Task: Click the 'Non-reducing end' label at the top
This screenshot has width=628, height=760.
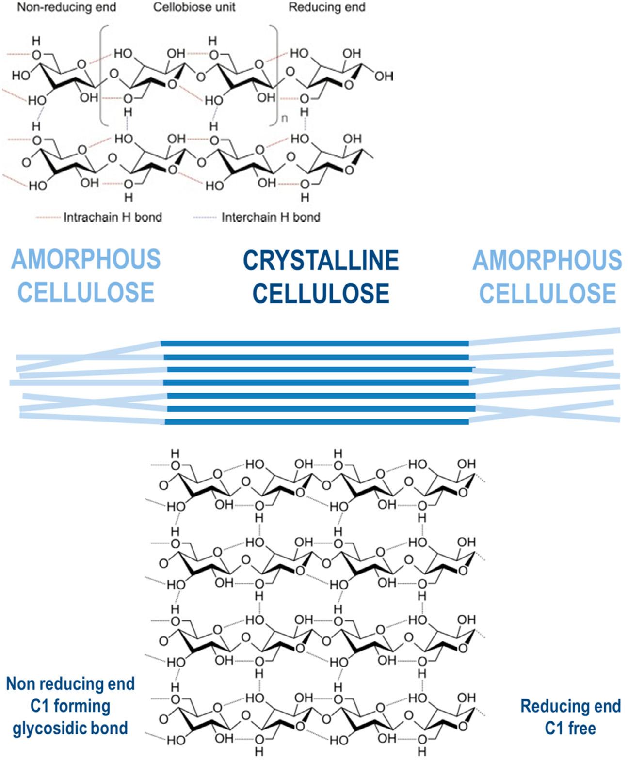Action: tap(66, 8)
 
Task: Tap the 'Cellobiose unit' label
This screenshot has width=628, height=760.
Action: tap(194, 8)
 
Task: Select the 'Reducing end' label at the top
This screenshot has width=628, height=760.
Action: tap(327, 8)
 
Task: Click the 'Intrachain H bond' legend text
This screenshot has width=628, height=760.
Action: tap(113, 217)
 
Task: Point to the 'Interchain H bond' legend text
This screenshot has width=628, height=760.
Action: tap(271, 217)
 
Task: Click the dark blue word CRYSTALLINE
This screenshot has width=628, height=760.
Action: tap(321, 261)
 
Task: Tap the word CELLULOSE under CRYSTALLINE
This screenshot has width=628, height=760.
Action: tap(321, 294)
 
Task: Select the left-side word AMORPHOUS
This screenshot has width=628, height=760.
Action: tap(86, 260)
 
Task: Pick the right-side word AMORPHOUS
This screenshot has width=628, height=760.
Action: tap(547, 261)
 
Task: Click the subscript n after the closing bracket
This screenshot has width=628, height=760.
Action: tap(285, 118)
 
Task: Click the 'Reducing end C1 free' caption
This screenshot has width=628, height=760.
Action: tap(570, 717)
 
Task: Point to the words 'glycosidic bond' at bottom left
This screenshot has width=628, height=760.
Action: tap(70, 728)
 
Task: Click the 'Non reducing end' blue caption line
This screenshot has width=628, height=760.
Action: tap(70, 684)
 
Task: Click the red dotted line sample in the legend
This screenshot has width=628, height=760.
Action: tap(48, 217)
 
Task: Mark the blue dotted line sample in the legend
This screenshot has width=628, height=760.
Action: tap(205, 217)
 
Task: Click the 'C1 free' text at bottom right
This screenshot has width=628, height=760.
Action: tap(570, 728)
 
